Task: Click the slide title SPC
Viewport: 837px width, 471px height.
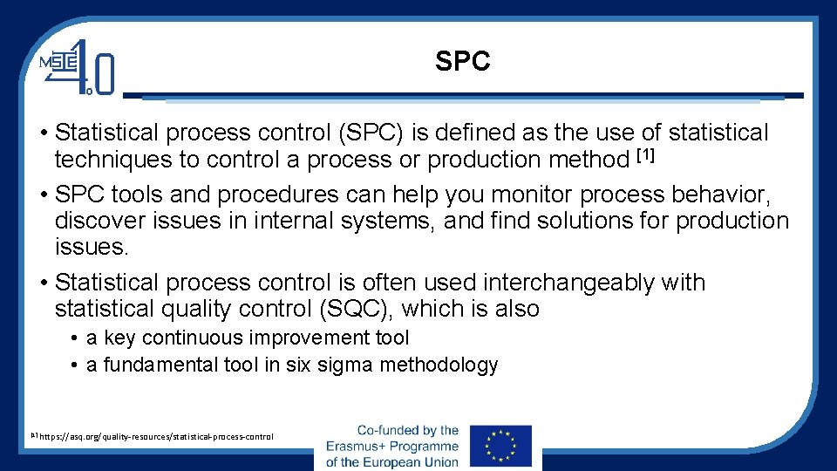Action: (x=463, y=62)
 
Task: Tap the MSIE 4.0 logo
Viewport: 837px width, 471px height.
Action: (x=77, y=67)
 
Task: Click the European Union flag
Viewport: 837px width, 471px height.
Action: (x=500, y=447)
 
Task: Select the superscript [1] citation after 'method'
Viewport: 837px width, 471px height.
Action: (x=645, y=157)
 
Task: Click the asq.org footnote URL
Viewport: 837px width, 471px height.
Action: (x=156, y=436)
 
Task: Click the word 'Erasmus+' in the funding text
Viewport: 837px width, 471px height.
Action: (x=361, y=446)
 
